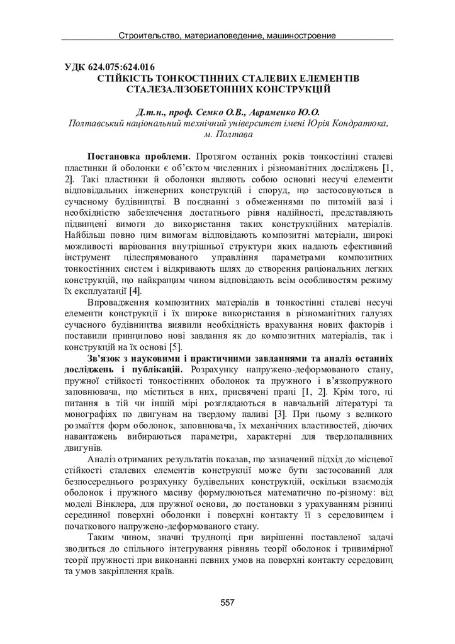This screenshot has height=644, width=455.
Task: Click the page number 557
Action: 227,602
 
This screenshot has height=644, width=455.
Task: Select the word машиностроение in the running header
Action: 299,35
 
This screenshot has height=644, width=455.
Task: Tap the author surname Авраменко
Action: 272,112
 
